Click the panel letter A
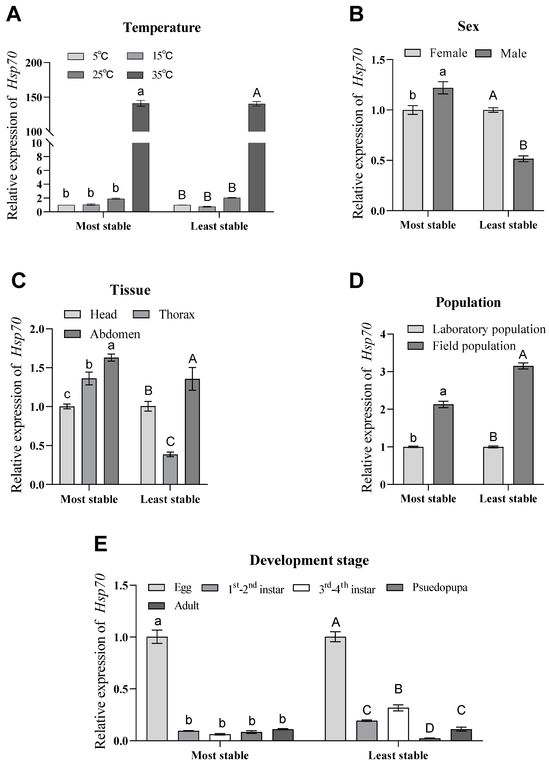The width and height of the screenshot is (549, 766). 13,15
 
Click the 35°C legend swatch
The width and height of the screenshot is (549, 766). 135,75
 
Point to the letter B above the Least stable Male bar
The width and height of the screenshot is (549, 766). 523,145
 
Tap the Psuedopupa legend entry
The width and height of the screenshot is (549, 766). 440,587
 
